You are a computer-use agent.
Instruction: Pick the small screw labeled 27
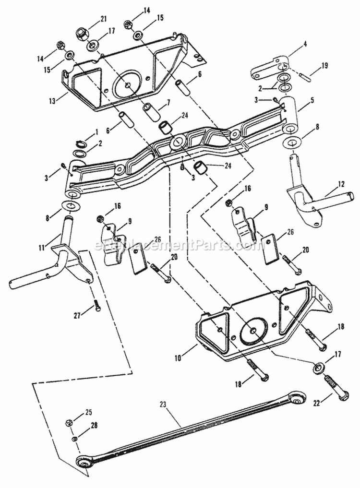(x=97, y=304)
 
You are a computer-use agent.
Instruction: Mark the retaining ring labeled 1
(x=82, y=143)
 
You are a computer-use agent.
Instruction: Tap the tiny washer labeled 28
(x=75, y=439)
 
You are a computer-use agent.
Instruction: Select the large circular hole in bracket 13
(x=128, y=85)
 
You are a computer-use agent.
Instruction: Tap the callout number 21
(x=103, y=19)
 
